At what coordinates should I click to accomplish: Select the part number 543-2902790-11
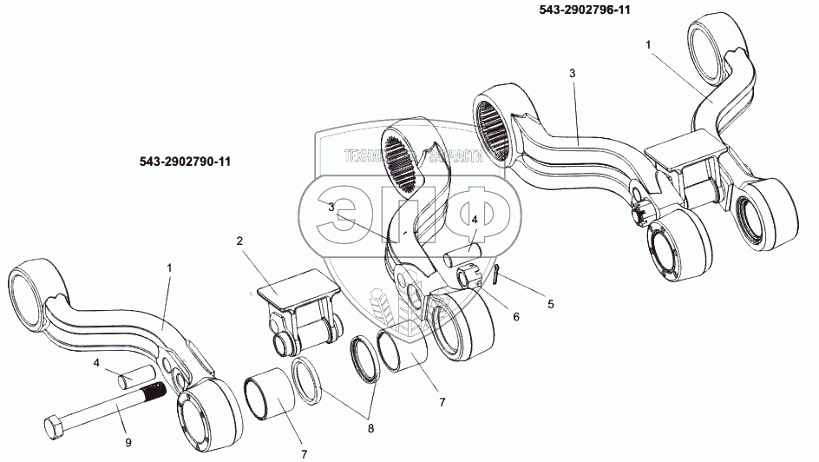[189, 162]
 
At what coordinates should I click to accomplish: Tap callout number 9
[128, 442]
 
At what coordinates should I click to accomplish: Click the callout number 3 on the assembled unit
[572, 74]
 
